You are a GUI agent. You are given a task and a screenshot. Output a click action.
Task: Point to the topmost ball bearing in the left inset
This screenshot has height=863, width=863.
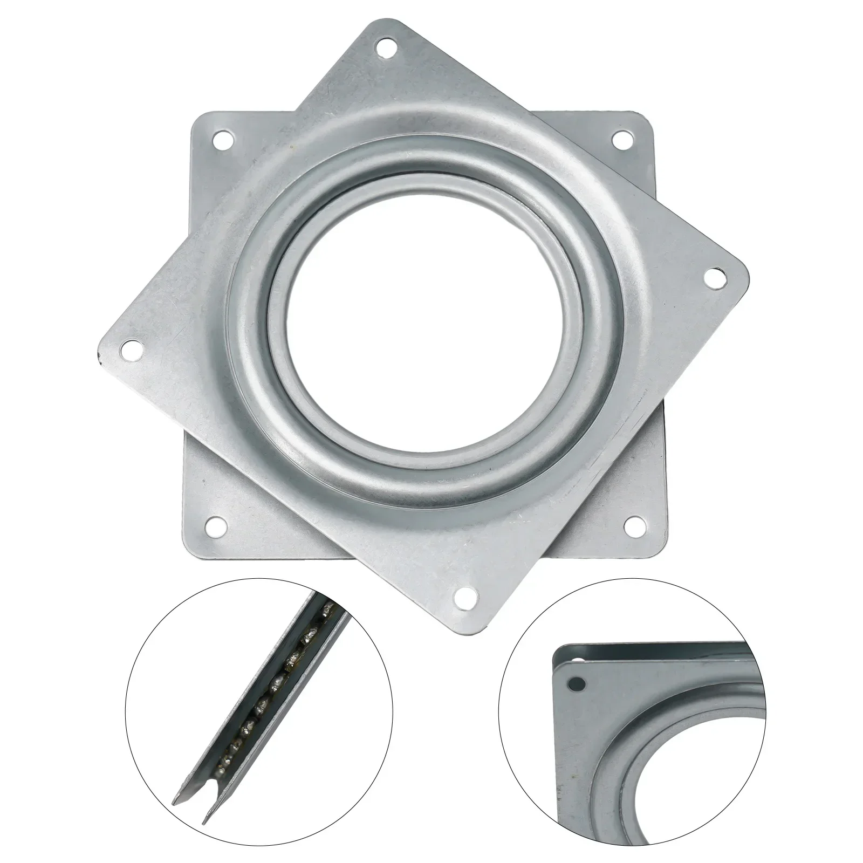(326, 611)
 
